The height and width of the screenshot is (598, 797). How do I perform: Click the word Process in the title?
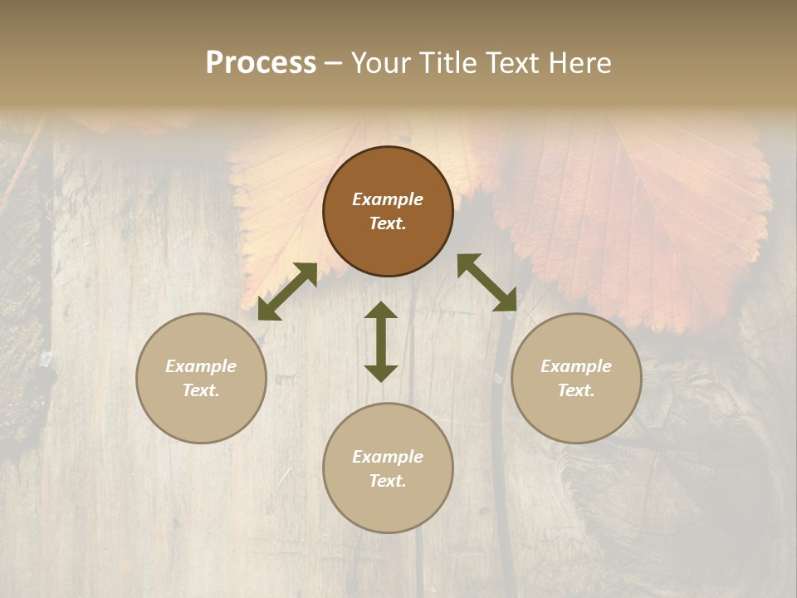click(x=261, y=63)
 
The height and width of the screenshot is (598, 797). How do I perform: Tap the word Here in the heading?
click(x=579, y=63)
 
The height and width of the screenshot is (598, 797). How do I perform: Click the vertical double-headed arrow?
click(x=381, y=341)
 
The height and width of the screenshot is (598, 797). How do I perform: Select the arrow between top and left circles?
click(x=287, y=292)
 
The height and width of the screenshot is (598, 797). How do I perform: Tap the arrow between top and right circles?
click(x=487, y=282)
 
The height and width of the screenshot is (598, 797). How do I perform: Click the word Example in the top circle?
click(x=388, y=199)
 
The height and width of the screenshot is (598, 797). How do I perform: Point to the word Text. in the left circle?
click(x=201, y=390)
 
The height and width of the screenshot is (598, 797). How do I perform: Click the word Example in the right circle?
click(x=576, y=366)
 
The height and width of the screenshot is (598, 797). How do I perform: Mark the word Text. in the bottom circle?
click(x=388, y=481)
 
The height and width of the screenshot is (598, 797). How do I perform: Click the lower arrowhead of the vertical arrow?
click(x=381, y=373)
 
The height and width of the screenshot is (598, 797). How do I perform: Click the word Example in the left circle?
click(x=201, y=366)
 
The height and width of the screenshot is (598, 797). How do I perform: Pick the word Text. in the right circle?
click(x=576, y=390)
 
